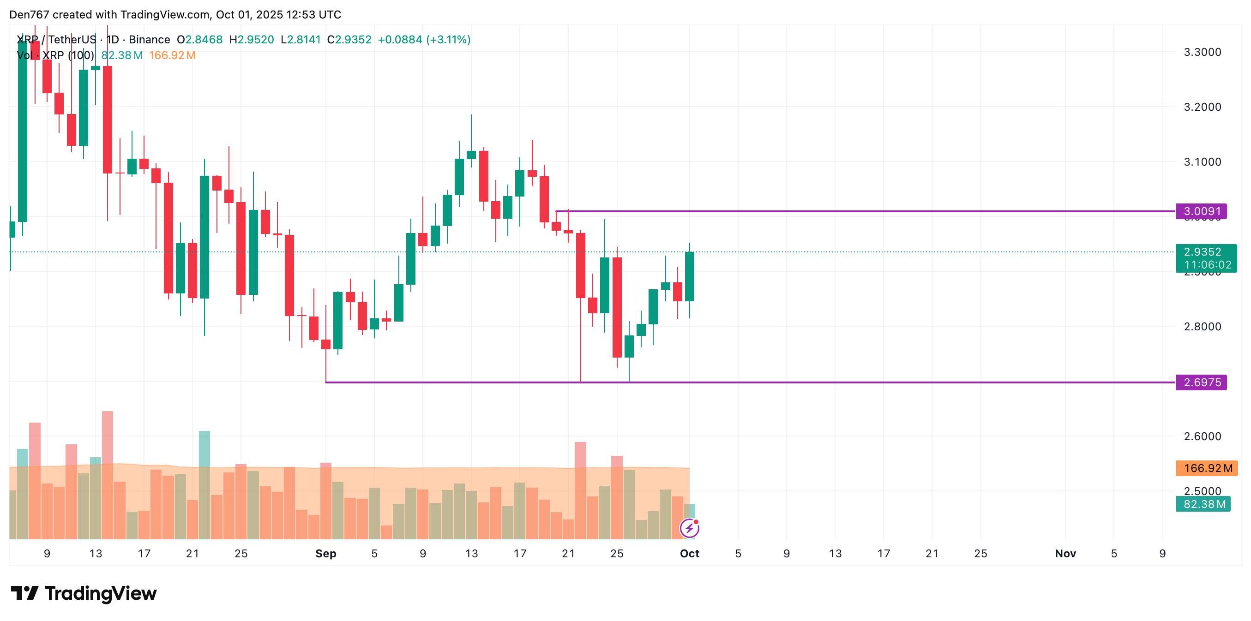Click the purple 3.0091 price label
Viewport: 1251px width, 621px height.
point(1201,211)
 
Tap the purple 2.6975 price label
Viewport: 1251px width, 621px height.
point(1201,382)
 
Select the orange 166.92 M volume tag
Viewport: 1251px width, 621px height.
point(1206,468)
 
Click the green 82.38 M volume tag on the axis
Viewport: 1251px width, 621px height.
point(1203,504)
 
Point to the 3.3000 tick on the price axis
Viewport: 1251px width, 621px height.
point(1202,52)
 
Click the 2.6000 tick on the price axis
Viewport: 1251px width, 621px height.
point(1202,436)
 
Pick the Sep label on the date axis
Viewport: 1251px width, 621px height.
point(325,554)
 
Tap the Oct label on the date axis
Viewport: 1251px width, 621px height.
point(689,554)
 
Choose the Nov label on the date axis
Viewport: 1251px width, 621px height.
point(1065,554)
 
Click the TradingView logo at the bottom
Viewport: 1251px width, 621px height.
point(84,593)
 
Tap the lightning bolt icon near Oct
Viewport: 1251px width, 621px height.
point(689,528)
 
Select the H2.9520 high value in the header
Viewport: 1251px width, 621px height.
point(252,39)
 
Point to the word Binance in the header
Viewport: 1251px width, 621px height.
point(149,39)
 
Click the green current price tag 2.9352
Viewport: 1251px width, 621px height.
point(1205,252)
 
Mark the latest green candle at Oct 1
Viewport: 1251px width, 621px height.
point(689,277)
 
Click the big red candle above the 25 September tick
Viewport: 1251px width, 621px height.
point(617,307)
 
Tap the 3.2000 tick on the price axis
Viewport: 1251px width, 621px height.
point(1202,107)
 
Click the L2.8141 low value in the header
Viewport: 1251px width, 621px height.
point(301,39)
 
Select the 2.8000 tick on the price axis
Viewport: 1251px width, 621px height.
point(1202,326)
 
